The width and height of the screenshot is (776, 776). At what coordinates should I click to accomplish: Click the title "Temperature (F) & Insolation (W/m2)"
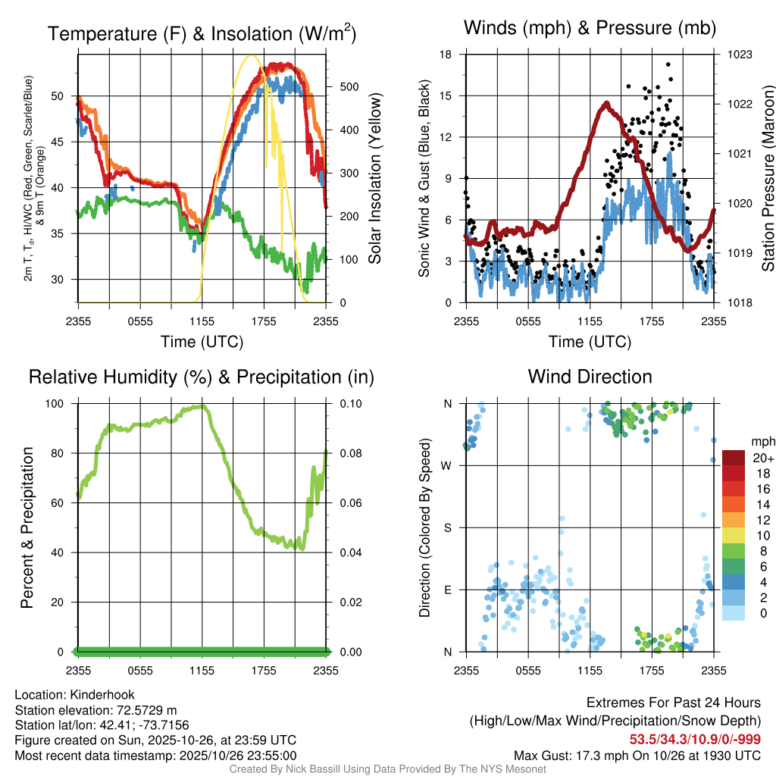[202, 33]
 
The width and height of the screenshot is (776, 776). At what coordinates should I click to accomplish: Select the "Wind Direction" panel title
[590, 376]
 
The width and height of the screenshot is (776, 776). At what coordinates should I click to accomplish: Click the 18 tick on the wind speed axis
[446, 55]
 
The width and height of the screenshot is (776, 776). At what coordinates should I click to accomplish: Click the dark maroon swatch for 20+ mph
[734, 458]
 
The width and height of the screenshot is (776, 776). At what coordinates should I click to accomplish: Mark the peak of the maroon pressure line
[606, 103]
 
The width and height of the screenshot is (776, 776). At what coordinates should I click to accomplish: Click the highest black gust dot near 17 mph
[668, 64]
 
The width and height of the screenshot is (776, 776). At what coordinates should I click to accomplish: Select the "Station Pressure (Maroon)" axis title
[767, 179]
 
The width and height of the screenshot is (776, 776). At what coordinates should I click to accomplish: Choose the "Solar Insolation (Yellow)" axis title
[375, 179]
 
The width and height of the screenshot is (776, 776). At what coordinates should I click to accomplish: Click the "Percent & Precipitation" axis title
[27, 527]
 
